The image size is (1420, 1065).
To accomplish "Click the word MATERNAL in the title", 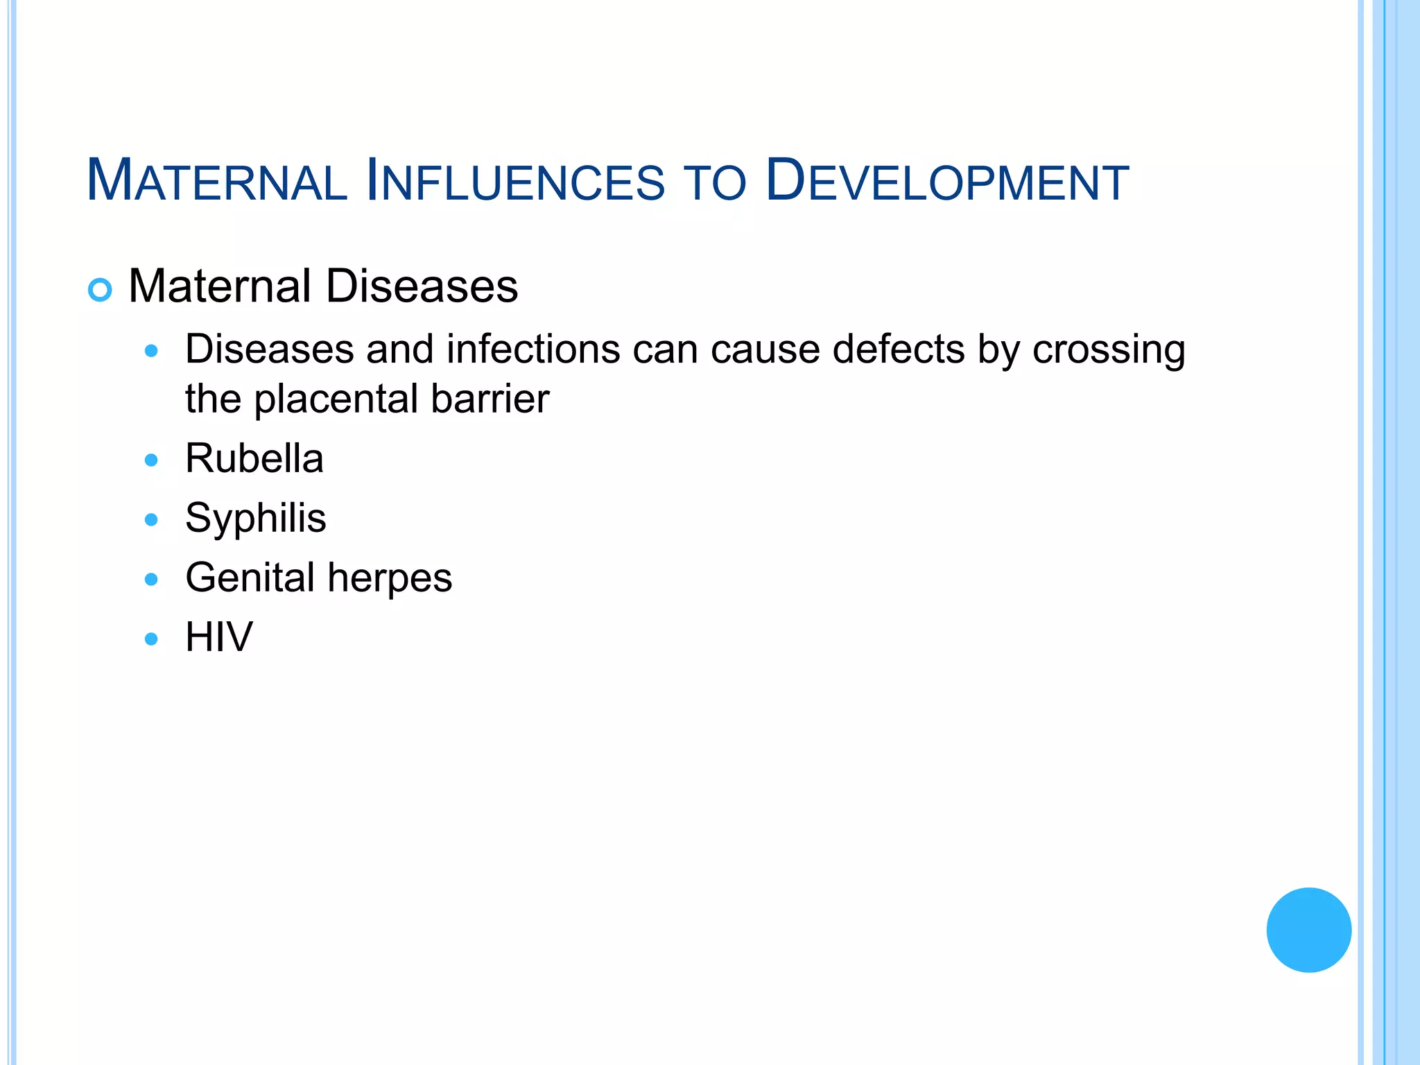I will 216,182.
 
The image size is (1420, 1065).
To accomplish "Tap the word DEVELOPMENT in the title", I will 947,182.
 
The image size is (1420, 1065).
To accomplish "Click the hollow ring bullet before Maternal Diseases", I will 100,290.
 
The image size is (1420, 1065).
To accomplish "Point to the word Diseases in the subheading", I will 422,286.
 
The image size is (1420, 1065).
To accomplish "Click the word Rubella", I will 254,459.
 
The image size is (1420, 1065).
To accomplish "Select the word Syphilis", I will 255,519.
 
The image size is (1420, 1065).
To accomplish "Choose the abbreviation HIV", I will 219,637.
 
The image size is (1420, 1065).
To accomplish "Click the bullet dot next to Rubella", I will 151,460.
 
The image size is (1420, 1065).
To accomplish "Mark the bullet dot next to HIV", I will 151,639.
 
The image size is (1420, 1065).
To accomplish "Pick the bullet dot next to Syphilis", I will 151,520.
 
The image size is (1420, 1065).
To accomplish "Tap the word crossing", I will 1109,350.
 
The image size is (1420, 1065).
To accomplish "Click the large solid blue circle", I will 1308,930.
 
